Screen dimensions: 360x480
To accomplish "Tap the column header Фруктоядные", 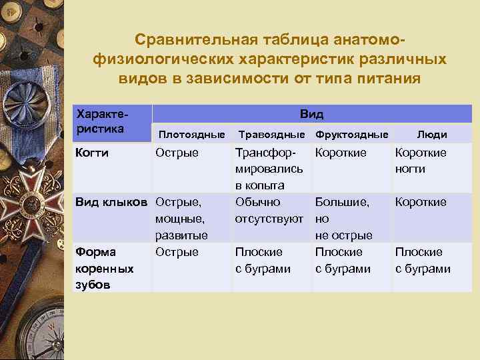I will (351, 135).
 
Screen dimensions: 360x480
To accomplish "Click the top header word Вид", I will (311, 114).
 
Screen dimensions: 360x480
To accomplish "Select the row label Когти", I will (93, 153).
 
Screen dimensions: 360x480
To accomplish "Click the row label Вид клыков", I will (111, 202).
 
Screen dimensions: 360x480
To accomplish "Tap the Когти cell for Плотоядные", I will (177, 153).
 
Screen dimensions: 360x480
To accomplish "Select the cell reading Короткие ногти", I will (421, 161).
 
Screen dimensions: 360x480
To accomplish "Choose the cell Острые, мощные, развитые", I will (181, 219).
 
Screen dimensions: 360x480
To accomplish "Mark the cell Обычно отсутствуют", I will (269, 210).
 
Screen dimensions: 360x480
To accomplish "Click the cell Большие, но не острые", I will (343, 219).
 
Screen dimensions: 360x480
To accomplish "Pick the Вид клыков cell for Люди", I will (421, 202).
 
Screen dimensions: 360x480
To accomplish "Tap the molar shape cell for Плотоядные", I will (177, 252).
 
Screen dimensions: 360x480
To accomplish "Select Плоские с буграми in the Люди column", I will (423, 261).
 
